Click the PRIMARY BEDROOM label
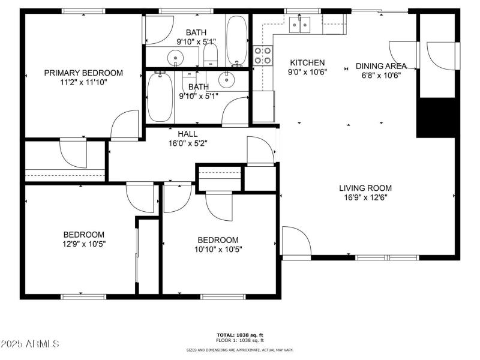pos(83,73)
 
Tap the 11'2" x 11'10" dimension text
pos(83,83)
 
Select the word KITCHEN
pos(307,62)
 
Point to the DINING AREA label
pos(381,66)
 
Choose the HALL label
pos(188,134)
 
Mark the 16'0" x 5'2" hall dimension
pos(188,144)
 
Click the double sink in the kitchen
pos(301,25)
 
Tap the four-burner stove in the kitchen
pos(262,55)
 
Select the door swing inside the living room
pos(295,241)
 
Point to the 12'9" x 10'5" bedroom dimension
pos(84,244)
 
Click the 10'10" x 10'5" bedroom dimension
pos(218,250)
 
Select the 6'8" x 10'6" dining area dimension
pos(381,76)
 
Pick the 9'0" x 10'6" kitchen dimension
pos(307,72)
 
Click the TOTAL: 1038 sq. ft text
pos(240,335)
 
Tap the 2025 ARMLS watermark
pos(30,344)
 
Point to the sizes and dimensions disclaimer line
pos(240,350)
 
